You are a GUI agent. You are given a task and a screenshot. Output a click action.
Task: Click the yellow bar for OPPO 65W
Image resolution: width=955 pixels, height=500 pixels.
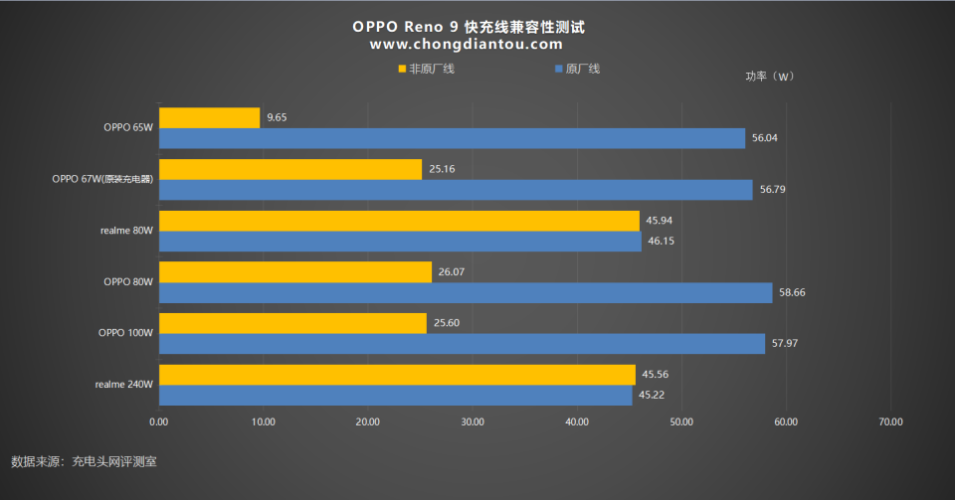[209, 117]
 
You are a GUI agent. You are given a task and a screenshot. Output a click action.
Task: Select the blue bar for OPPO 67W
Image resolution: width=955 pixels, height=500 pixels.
[456, 190]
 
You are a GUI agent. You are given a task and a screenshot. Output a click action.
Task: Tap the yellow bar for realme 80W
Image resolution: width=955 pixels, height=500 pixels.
[399, 221]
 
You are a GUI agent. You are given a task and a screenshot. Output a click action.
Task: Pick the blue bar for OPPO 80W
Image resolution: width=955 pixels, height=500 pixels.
[466, 292]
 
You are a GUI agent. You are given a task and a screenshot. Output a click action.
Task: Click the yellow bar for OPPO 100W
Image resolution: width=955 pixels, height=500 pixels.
[292, 323]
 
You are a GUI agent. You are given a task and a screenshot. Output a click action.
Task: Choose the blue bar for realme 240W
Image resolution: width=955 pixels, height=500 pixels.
[395, 395]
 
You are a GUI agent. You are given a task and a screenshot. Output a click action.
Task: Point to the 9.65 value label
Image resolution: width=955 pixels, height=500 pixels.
[277, 117]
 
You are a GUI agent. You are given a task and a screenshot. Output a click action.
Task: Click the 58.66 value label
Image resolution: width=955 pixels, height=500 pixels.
[793, 292]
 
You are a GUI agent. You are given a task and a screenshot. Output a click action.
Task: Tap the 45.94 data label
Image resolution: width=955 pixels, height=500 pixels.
[660, 221]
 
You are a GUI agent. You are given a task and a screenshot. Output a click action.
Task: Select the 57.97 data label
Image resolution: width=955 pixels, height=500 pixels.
[786, 344]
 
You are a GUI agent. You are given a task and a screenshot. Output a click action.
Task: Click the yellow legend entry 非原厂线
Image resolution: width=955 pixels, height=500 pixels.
[426, 69]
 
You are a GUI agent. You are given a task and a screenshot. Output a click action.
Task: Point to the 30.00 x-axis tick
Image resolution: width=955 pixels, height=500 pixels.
[473, 421]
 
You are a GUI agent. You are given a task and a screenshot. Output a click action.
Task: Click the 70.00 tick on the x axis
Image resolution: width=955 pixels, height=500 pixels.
[890, 421]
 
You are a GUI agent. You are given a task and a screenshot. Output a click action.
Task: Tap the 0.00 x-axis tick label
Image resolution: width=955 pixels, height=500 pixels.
[158, 421]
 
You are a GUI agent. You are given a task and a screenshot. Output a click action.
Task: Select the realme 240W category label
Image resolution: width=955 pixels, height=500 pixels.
[124, 385]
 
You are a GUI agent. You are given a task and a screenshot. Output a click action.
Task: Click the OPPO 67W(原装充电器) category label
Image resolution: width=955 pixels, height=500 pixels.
[103, 179]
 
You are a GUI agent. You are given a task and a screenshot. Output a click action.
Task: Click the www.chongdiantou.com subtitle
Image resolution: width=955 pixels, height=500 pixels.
[467, 45]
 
